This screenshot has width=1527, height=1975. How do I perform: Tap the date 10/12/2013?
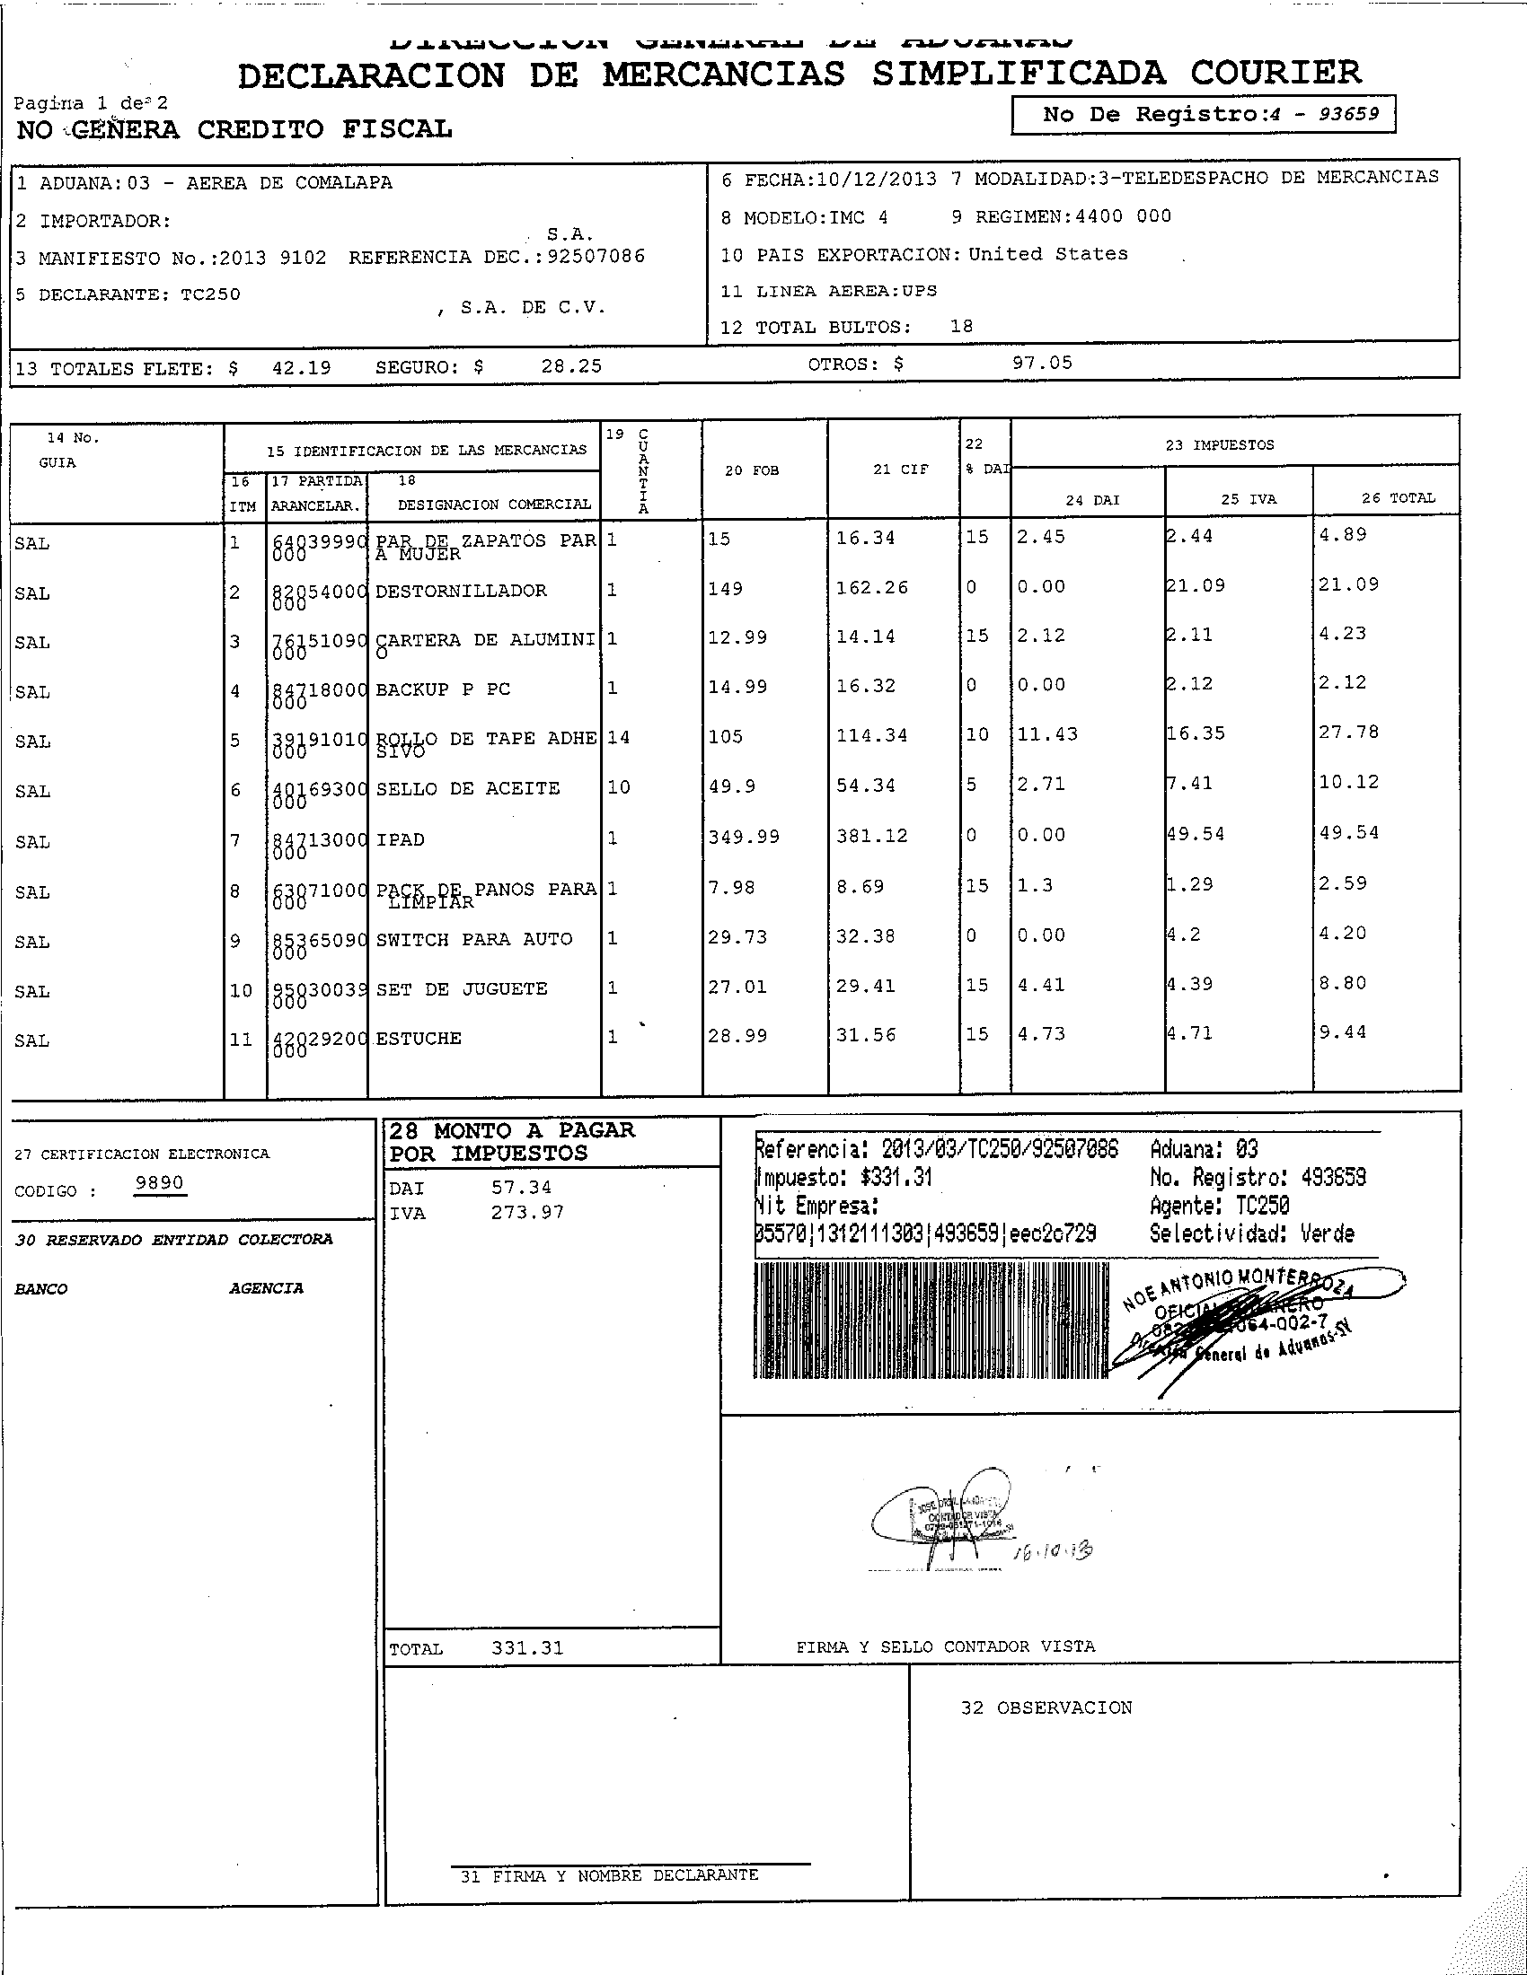876,179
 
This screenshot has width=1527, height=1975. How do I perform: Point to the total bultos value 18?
961,327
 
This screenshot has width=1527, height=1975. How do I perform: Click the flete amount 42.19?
301,368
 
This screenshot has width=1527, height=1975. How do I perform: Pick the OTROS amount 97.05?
1042,363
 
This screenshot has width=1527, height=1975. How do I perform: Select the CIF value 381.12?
871,836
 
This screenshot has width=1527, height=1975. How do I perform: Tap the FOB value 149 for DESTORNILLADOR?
725,589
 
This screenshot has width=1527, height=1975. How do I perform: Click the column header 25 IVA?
1249,499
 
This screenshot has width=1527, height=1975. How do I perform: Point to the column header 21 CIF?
900,470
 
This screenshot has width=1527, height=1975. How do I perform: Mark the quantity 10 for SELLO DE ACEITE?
619,786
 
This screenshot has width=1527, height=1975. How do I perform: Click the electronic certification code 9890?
159,1184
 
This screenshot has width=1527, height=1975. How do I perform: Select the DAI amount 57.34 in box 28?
521,1188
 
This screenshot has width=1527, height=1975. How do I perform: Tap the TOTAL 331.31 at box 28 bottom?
526,1647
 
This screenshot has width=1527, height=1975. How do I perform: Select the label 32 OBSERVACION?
1046,1707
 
